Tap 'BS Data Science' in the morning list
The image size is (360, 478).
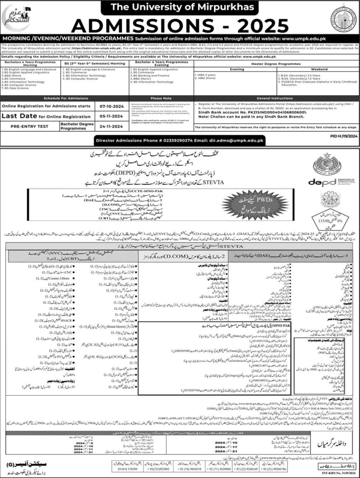coord(16,88)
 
